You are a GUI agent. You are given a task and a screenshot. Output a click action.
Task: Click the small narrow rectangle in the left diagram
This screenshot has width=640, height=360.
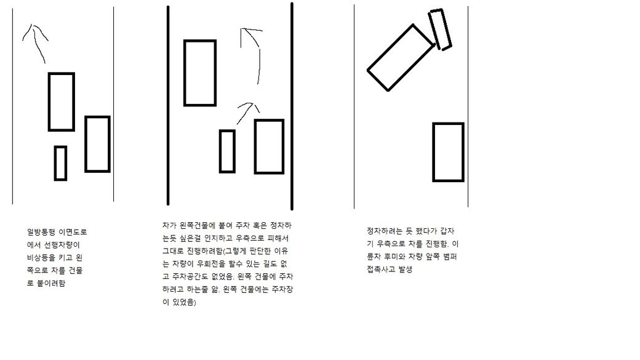click(x=55, y=163)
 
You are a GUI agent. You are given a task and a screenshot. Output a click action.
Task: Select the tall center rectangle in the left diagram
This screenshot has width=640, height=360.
click(x=49, y=102)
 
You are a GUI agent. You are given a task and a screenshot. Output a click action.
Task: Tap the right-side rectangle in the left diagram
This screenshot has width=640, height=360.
click(x=86, y=144)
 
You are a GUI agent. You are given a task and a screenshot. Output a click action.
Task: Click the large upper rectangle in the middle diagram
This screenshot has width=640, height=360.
click(x=184, y=73)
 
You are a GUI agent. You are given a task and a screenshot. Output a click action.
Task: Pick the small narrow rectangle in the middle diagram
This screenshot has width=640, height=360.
click(x=220, y=151)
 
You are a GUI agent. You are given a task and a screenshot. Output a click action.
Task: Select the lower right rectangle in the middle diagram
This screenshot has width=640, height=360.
click(x=254, y=146)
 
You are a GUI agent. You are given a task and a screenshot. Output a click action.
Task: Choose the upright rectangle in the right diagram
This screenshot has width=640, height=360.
click(x=433, y=152)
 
